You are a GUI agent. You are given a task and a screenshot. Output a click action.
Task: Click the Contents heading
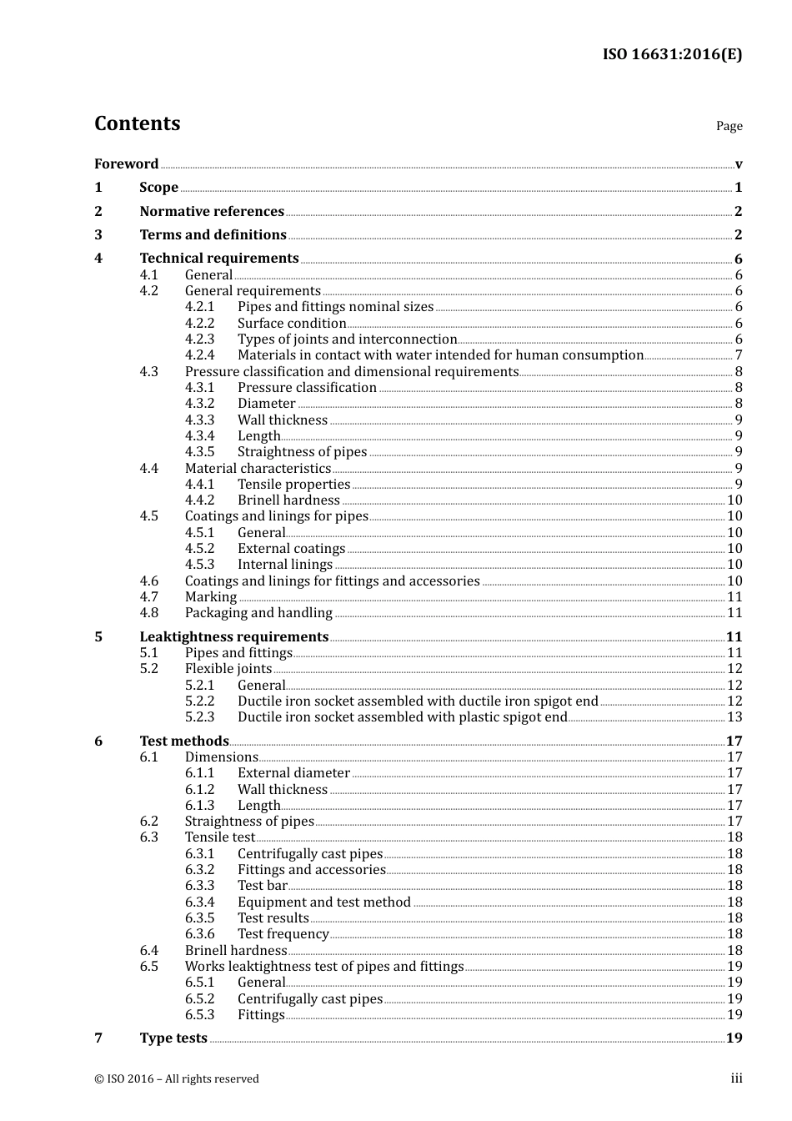coord(137,123)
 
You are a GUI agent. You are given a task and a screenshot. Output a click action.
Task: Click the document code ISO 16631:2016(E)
coord(672,54)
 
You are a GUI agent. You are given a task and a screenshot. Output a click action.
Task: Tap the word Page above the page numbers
coord(729,126)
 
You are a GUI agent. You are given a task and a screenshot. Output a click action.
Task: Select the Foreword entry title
coord(126,163)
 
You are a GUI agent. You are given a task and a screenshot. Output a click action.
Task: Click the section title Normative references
coord(212,211)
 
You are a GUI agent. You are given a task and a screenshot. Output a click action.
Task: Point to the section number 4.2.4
coord(199,355)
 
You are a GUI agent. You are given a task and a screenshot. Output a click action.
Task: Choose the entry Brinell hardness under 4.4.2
coord(288,500)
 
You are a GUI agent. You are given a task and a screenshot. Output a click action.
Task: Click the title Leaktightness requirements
coord(233,636)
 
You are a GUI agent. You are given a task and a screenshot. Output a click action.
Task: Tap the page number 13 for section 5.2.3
coord(734,717)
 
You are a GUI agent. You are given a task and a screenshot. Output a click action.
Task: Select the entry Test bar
coord(262,886)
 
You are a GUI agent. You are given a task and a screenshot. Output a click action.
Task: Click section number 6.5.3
coord(199,1015)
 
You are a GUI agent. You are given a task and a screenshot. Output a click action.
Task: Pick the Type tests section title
coord(173,1038)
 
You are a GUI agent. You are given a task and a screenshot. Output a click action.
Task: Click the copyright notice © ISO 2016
coord(177,1078)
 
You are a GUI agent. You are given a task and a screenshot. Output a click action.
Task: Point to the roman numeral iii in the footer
coord(736,1078)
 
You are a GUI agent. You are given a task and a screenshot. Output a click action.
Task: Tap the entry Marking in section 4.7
coord(211,597)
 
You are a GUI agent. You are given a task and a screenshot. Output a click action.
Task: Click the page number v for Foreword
coord(739,164)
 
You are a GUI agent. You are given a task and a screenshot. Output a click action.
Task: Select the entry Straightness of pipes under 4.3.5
coord(302,452)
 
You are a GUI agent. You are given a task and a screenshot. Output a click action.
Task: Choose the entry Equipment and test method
coord(323,902)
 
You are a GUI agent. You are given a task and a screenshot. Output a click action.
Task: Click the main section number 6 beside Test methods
coord(98,741)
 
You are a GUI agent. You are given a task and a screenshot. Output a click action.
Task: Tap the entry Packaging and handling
coord(258,613)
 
